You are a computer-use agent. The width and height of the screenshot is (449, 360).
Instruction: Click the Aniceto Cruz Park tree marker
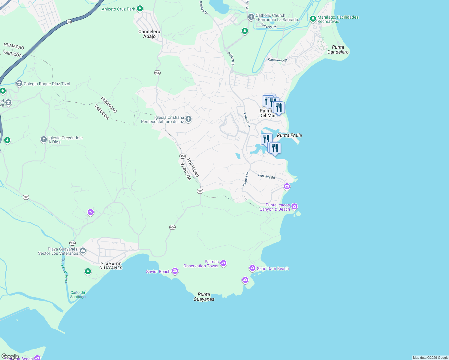click(140, 9)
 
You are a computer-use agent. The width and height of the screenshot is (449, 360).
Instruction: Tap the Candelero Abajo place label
click(149, 34)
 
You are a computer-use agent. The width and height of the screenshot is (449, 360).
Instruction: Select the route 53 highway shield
click(69, 22)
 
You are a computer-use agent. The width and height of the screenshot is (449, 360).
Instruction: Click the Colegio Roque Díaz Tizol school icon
click(19, 83)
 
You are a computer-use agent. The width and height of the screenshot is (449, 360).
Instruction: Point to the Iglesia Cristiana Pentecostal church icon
click(188, 119)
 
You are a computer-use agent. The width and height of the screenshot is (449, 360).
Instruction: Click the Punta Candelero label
click(338, 49)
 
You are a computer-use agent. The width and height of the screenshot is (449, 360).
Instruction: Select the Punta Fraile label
click(289, 135)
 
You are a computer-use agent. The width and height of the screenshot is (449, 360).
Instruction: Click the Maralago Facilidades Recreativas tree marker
click(313, 19)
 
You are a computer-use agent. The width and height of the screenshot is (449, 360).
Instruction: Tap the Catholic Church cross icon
click(251, 17)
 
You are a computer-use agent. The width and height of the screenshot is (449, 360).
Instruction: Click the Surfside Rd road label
click(267, 176)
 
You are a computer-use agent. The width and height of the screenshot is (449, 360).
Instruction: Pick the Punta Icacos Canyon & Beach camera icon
click(294, 206)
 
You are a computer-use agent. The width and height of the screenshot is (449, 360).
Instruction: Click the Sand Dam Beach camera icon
click(252, 268)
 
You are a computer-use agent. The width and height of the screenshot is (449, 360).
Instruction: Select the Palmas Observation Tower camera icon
click(223, 263)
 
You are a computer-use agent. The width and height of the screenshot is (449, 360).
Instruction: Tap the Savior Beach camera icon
click(175, 271)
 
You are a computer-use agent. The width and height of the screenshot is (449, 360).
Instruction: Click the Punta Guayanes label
click(204, 297)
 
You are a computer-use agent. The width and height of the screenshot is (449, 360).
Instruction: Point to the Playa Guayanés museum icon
click(83, 250)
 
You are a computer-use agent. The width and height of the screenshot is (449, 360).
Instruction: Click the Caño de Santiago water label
click(78, 295)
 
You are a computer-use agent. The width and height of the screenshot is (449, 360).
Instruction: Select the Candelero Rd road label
click(277, 60)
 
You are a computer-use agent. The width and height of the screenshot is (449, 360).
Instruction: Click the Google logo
click(10, 356)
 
